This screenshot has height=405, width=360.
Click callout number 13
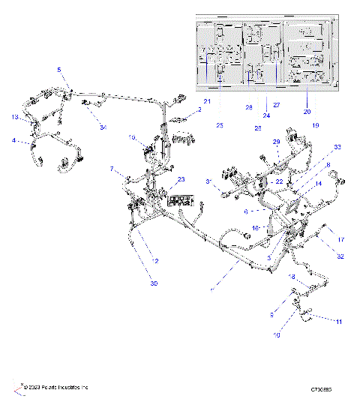pyautogui.click(x=15, y=117)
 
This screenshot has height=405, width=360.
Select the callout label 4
pyautogui.click(x=13, y=140)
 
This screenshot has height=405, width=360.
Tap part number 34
pyautogui.click(x=103, y=128)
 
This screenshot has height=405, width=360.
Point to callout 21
pyautogui.click(x=208, y=101)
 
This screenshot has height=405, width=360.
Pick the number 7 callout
pyautogui.click(x=112, y=169)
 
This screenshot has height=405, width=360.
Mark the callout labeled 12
pyautogui.click(x=156, y=261)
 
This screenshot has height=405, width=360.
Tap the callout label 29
pyautogui.click(x=276, y=141)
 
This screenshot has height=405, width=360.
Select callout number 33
pyautogui.click(x=337, y=146)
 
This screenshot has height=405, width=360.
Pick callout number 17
pyautogui.click(x=340, y=240)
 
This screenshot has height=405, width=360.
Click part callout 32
pyautogui.click(x=340, y=256)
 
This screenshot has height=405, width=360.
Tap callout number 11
pyautogui.click(x=338, y=322)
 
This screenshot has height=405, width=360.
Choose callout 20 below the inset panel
pyautogui.click(x=307, y=111)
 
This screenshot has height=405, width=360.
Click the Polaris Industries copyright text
pyautogui.click(x=55, y=387)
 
